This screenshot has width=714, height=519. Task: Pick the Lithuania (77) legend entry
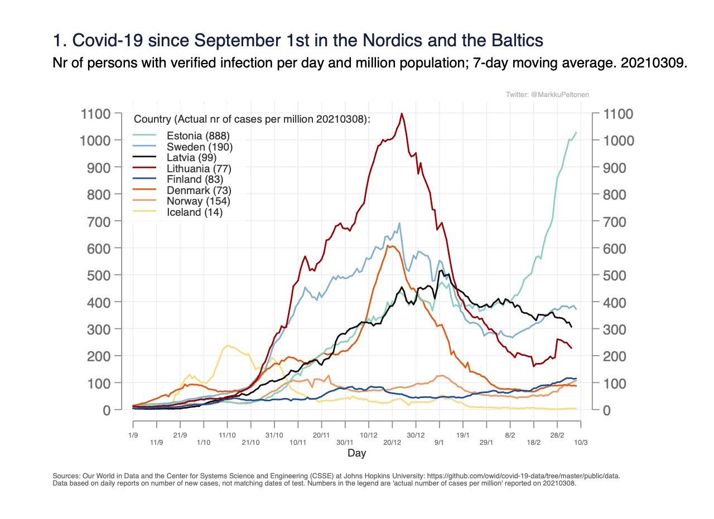[x=199, y=168]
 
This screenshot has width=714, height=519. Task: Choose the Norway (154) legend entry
[x=199, y=201]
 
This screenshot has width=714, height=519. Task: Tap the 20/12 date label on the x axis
[x=392, y=443]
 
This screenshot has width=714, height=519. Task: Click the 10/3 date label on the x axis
[x=581, y=443]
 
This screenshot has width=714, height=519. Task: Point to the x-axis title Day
[x=357, y=453]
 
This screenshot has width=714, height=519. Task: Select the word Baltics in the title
[x=509, y=41]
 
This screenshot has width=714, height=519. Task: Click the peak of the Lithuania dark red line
[x=402, y=113]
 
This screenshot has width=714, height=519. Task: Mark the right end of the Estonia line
[x=576, y=132]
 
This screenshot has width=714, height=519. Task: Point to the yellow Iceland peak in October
[x=228, y=346]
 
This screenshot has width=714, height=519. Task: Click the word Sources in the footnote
[x=66, y=477]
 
